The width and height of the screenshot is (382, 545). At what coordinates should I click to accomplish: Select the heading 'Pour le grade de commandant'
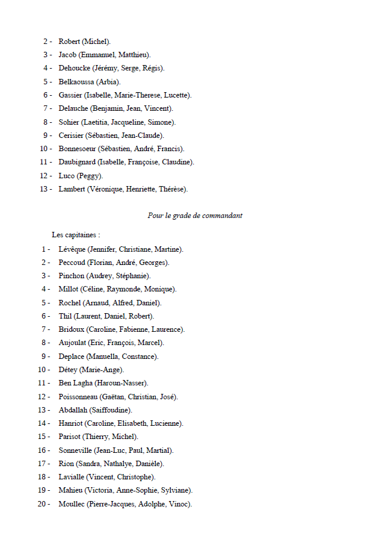pyautogui.click(x=195, y=216)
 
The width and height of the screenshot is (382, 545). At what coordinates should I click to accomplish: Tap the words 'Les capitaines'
pyautogui.click(x=75, y=235)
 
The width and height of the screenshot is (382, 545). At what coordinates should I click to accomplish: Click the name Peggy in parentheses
pyautogui.click(x=90, y=176)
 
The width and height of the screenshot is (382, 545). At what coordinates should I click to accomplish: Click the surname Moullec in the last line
pyautogui.click(x=72, y=504)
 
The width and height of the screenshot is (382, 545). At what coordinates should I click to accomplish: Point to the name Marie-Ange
pyautogui.click(x=104, y=370)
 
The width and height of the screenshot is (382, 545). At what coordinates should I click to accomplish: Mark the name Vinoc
pyautogui.click(x=179, y=504)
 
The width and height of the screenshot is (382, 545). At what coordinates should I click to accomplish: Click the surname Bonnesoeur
pyautogui.click(x=78, y=149)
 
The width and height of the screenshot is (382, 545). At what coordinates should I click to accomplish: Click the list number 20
pyautogui.click(x=42, y=504)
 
